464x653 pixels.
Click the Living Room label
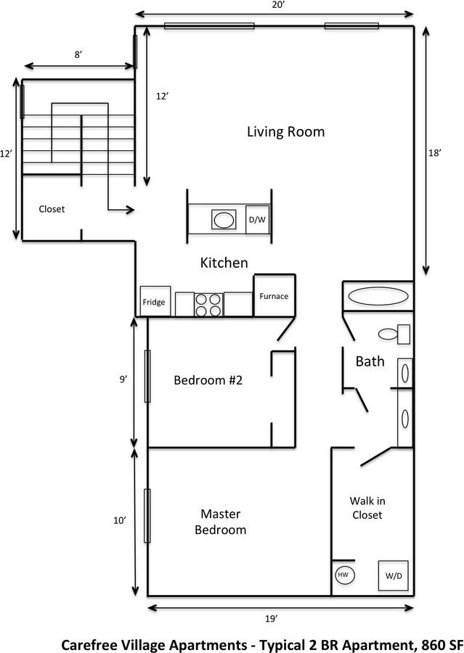point(285,132)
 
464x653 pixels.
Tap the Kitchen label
point(224,263)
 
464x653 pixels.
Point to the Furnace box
point(274,296)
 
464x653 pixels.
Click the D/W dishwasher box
point(257,220)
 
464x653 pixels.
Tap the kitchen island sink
point(223,219)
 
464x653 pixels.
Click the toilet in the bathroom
point(393,334)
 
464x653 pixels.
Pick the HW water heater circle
point(343,574)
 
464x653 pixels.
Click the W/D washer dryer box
point(393,576)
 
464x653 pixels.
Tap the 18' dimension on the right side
point(435,153)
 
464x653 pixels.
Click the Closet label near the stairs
point(52,209)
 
